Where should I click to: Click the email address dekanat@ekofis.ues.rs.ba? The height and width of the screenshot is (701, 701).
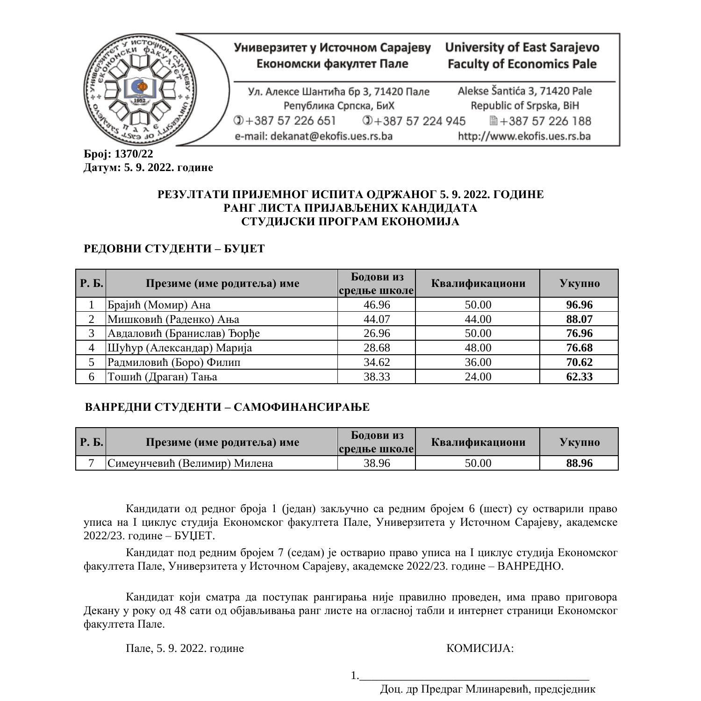[x=313, y=136]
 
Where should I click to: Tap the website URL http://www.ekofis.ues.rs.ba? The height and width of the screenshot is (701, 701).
[x=524, y=136]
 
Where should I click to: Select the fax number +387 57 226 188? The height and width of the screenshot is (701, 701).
[x=545, y=121]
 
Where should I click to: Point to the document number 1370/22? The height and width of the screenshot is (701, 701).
[x=134, y=154]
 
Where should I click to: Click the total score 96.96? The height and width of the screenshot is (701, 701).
[x=579, y=305]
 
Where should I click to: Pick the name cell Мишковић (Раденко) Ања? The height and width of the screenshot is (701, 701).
[x=173, y=319]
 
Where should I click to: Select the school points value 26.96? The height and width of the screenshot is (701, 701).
[x=376, y=333]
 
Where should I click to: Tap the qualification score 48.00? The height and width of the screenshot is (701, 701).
[x=478, y=348]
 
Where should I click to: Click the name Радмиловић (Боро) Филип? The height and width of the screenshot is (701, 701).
[x=174, y=362]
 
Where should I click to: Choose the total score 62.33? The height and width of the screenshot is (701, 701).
[x=579, y=377]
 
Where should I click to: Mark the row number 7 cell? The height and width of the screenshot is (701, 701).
[x=91, y=463]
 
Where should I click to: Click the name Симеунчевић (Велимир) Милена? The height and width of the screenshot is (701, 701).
[x=190, y=463]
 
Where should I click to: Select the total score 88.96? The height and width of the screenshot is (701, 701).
[x=579, y=463]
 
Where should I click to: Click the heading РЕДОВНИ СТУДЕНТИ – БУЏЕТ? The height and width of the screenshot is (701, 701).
[x=174, y=249]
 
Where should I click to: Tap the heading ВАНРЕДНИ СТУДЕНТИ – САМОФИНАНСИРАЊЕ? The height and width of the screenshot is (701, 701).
[x=227, y=407]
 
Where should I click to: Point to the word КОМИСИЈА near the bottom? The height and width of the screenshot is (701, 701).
[x=480, y=648]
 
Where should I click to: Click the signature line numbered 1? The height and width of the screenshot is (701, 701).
[x=474, y=676]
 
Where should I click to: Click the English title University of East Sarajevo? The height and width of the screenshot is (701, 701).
[x=522, y=47]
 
